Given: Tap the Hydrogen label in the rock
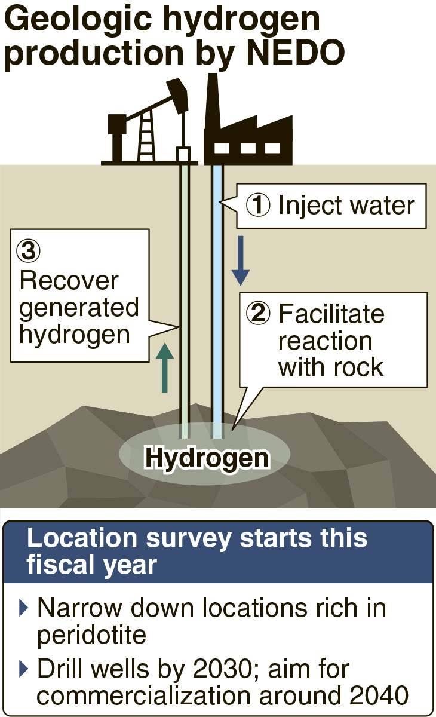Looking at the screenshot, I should tap(207, 458).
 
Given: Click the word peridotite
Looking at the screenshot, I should tap(91, 635).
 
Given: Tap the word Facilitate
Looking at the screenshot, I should tap(331, 314).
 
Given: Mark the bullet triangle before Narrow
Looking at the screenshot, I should tap(24, 608).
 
